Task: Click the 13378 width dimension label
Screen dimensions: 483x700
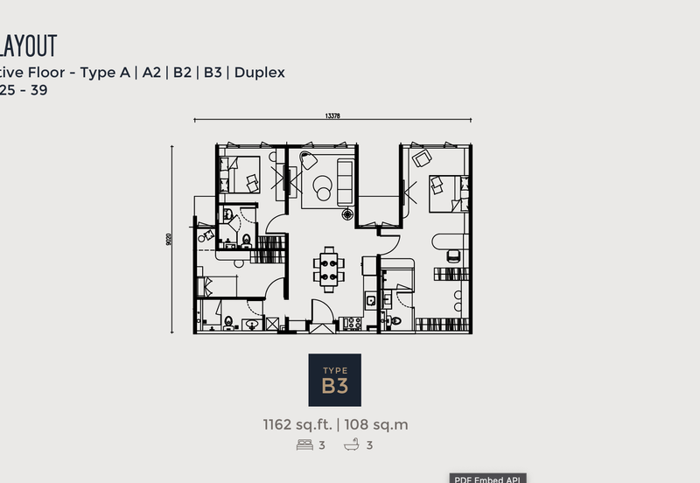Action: pyautogui.click(x=332, y=115)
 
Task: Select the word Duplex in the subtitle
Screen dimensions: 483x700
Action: pyautogui.click(x=259, y=73)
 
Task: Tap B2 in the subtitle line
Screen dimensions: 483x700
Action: pyautogui.click(x=182, y=73)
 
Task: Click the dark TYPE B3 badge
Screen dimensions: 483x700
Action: pyautogui.click(x=334, y=380)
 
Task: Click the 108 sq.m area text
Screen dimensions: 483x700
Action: pyautogui.click(x=376, y=425)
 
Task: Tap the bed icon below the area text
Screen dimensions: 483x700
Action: pyautogui.click(x=304, y=444)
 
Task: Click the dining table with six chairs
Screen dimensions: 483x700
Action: pyautogui.click(x=329, y=269)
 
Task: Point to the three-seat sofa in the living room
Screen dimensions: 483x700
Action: pyautogui.click(x=345, y=182)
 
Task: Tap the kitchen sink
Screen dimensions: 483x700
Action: pyautogui.click(x=371, y=301)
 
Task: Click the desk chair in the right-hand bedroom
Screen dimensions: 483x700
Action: pyautogui.click(x=452, y=255)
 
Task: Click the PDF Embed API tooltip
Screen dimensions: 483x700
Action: pyautogui.click(x=487, y=478)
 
